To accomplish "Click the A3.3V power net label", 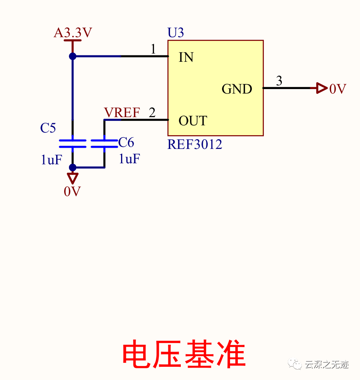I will click(x=73, y=33).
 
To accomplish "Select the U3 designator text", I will click(x=176, y=33).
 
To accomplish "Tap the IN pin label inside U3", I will click(x=186, y=57).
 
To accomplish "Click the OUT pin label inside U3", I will click(x=192, y=121).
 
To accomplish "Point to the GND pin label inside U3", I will click(x=237, y=89).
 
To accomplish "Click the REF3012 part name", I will click(x=194, y=144).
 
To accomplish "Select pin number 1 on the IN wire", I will click(x=153, y=49).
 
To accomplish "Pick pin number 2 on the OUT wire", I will click(x=152, y=113).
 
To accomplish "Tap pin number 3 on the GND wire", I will click(x=279, y=81).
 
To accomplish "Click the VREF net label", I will click(x=122, y=113).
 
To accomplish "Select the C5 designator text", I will click(x=48, y=128).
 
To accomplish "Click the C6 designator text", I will click(x=126, y=142).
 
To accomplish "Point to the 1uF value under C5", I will click(x=51, y=160).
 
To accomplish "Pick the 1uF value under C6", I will click(x=129, y=159).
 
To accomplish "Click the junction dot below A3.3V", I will click(x=73, y=56).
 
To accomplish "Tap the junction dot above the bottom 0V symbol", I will click(x=73, y=167).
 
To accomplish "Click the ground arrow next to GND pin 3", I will click(x=321, y=88).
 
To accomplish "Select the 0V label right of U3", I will click(x=338, y=89).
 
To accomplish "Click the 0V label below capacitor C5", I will click(x=72, y=192).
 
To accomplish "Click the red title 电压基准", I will click(x=184, y=355).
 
